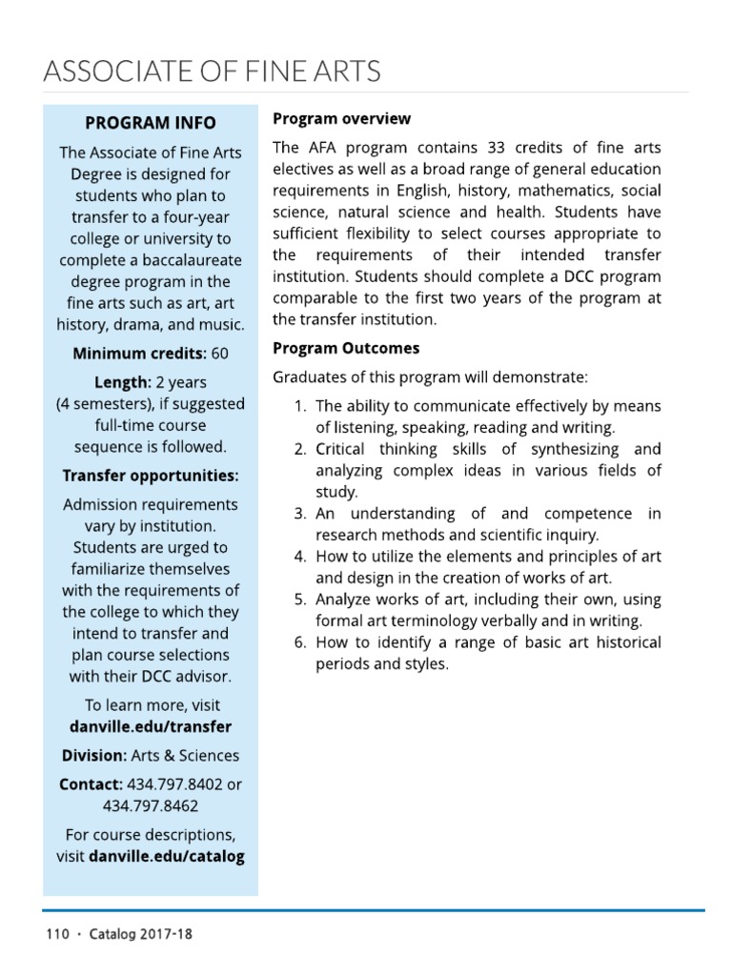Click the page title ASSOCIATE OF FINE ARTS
click(213, 71)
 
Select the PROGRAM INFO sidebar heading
click(151, 123)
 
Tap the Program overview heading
click(341, 119)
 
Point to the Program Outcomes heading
click(346, 348)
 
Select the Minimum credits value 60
click(220, 354)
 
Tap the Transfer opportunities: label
click(151, 475)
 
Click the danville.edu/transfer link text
click(151, 726)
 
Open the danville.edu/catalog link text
click(166, 856)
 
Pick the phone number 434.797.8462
click(151, 805)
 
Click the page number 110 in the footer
click(57, 934)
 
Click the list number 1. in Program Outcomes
click(299, 406)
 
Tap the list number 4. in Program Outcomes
click(299, 557)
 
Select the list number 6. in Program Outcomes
click(299, 642)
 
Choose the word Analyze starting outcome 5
click(345, 600)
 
